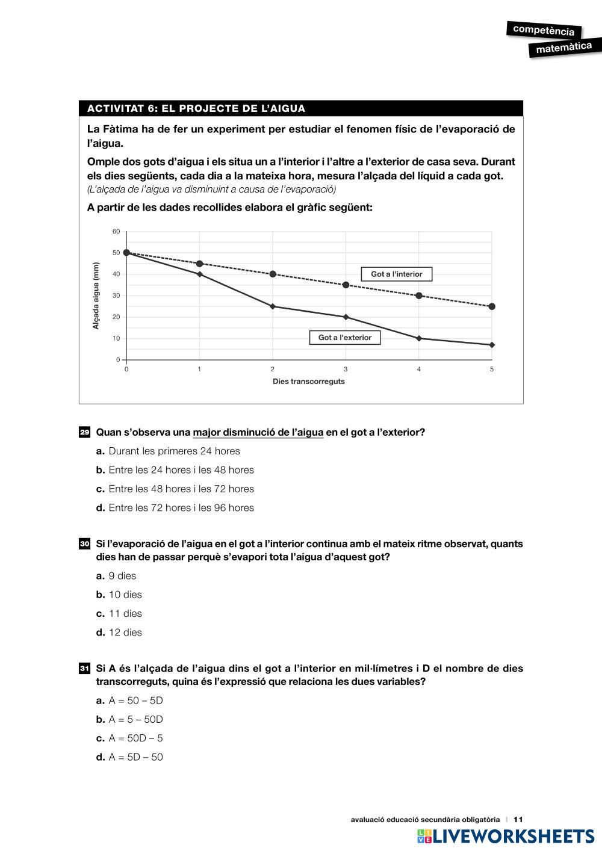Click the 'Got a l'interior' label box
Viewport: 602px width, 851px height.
396,274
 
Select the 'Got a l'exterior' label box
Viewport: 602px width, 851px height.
345,338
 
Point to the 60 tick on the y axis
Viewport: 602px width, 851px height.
116,232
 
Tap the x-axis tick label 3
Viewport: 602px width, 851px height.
346,369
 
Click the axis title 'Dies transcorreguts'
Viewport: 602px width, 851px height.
309,382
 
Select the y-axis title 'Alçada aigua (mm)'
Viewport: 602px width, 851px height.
96,296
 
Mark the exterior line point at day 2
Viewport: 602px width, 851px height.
273,306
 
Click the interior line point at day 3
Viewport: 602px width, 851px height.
346,285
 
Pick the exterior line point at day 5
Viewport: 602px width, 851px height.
492,345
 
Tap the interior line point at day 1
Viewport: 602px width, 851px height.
199,264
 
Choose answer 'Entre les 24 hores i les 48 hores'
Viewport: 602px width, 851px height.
181,470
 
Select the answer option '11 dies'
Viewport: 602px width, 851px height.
125,614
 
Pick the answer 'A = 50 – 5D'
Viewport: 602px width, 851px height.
135,701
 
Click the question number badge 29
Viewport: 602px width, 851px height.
85,433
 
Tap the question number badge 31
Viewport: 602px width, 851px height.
85,669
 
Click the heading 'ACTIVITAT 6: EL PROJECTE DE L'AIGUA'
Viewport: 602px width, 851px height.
196,109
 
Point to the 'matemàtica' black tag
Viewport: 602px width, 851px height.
563,48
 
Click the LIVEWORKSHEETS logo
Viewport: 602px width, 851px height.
505,836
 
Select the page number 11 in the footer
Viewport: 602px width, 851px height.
518,819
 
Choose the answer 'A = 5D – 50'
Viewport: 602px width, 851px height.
135,757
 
